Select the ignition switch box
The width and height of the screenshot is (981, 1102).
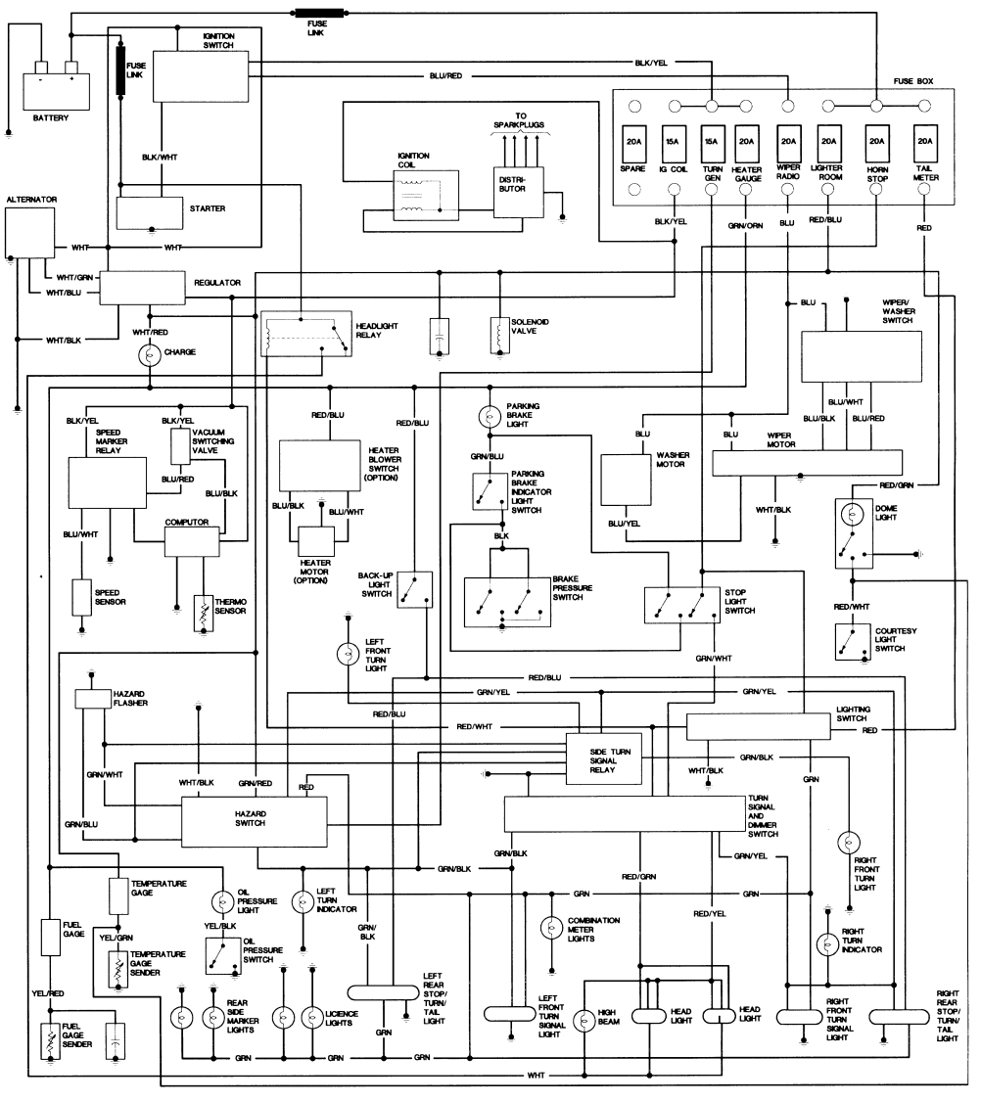point(201,76)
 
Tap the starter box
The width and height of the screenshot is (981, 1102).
point(150,213)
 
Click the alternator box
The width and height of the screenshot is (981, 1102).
point(30,233)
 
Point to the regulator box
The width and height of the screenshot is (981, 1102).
point(142,288)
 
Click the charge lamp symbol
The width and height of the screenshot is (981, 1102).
point(150,355)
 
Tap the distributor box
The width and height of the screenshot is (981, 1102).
point(518,192)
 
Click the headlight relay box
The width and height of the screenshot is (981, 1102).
point(305,333)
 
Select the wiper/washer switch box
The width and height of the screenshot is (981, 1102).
point(862,356)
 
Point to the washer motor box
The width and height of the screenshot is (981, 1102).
point(626,480)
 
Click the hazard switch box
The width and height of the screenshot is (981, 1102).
point(255,821)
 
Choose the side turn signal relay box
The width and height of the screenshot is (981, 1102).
point(604,759)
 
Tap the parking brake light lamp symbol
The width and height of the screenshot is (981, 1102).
point(490,417)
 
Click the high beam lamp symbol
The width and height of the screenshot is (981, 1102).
point(584,1021)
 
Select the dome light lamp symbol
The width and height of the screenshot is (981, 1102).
point(853,515)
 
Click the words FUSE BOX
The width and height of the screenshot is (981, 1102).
point(913,81)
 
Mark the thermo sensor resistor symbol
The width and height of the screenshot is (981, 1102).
point(204,614)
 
